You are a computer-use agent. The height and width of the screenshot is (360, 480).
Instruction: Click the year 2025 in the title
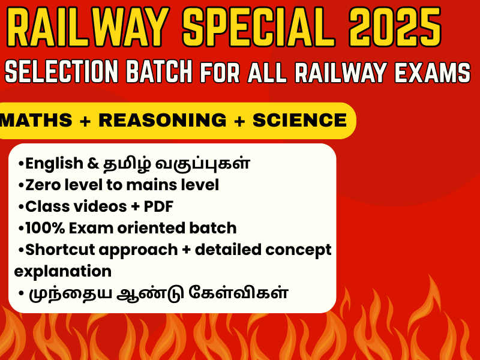395,26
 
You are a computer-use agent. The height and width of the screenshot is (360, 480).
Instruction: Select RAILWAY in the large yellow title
88,26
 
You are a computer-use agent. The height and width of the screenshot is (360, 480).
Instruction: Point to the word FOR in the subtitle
220,73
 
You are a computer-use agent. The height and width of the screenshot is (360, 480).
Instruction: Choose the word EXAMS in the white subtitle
432,73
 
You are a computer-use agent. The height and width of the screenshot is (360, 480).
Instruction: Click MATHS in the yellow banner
36,120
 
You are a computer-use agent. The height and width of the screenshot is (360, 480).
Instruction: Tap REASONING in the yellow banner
163,120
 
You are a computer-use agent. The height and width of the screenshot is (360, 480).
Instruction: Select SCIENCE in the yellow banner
299,120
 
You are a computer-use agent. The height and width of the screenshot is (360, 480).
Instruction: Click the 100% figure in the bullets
45,228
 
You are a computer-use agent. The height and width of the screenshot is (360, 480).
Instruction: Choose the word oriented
151,228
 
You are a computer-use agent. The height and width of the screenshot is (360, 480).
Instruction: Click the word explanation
63,272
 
